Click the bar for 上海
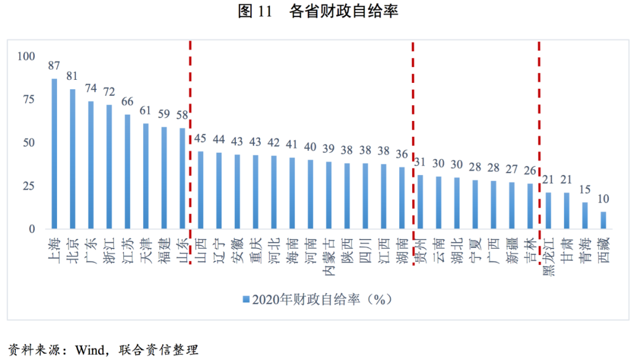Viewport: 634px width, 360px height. (54, 154)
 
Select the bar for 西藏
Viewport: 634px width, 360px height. (603, 220)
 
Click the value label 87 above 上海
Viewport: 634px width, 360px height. (54, 65)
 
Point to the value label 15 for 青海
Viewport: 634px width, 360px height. (585, 190)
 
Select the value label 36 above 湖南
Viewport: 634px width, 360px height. (402, 154)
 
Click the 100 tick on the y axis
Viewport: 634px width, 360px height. (27, 56)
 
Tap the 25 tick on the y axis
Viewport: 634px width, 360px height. (29, 186)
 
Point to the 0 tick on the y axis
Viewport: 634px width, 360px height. (33, 229)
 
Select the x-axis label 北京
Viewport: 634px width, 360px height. (73, 250)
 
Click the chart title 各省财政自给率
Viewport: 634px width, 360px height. (343, 12)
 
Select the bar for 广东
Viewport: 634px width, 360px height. (91, 165)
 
